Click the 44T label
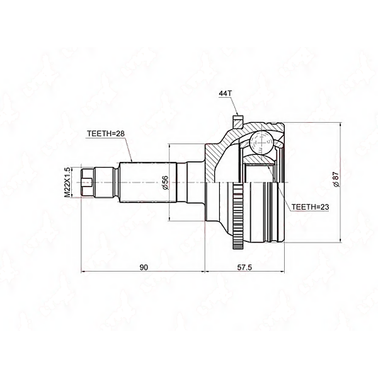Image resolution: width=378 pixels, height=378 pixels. pos(226,93)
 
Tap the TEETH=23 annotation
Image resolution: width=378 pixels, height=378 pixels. pos(312,206)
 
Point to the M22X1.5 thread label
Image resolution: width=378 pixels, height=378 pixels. pos(67,182)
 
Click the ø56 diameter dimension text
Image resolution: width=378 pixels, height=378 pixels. pos(165,183)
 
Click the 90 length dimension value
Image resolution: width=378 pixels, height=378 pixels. pos(143,268)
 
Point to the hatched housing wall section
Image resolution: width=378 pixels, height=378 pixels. pos(220,151)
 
